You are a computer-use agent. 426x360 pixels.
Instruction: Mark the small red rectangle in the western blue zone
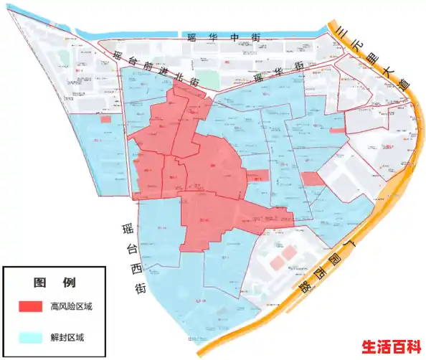pyautogui.click(x=105, y=119)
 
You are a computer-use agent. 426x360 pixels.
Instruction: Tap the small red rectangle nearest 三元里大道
pyautogui.click(x=336, y=131)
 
